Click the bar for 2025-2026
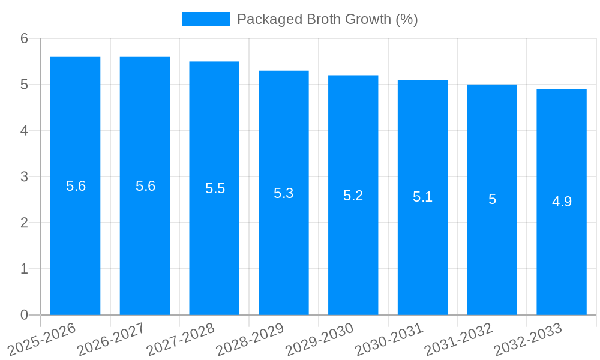click(x=75, y=240)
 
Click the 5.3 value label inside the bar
click(x=284, y=193)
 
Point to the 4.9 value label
click(x=562, y=202)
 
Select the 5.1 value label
click(x=422, y=197)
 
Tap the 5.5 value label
click(x=214, y=188)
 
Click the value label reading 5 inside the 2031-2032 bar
click(x=492, y=199)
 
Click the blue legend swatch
click(x=205, y=19)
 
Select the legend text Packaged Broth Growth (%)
click(x=327, y=19)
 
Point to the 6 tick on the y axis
click(x=24, y=38)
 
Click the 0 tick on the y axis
click(x=24, y=315)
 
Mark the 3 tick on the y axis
click(x=24, y=177)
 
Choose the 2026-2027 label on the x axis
click(x=112, y=339)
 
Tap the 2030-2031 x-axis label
click(x=389, y=339)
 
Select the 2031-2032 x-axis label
click(x=459, y=339)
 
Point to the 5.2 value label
click(x=353, y=196)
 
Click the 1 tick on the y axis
click(x=24, y=269)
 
